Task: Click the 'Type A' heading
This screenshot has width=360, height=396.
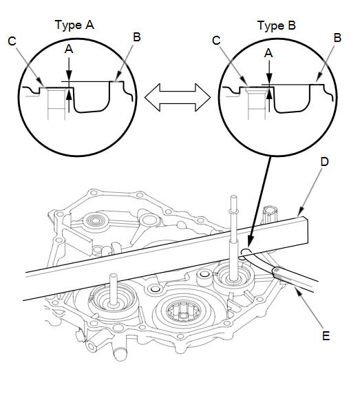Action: coord(74,25)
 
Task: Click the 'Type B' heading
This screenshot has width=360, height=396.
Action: coord(277,25)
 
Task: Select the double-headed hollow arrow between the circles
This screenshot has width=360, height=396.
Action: coord(178,98)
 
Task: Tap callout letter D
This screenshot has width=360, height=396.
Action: coord(325,162)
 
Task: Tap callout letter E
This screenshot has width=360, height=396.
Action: coord(326,336)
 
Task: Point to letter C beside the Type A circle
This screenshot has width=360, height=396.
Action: coord(12,41)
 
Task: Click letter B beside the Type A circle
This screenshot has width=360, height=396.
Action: coord(136,37)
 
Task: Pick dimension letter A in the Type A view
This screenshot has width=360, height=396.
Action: coord(69,49)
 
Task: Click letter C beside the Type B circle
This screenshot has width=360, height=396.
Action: coord(216,41)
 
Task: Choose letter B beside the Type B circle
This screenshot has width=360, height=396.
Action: coord(337,38)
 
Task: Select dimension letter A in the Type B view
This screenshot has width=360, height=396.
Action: coord(268,53)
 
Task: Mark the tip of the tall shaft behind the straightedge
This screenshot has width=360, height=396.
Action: coord(234,197)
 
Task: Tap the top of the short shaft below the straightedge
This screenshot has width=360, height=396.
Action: coord(114,276)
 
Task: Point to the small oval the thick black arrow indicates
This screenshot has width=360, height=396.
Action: coord(246,252)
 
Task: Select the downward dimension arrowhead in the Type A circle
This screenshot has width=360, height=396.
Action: coord(69,76)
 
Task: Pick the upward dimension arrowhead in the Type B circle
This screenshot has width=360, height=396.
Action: coord(269,94)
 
